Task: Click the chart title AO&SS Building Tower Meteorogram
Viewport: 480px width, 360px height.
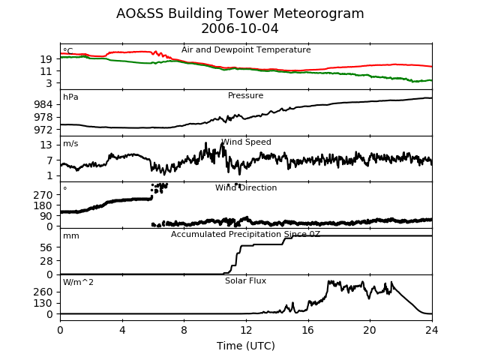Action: pyautogui.click(x=240, y=13)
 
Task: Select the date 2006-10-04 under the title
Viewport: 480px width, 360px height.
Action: pyautogui.click(x=240, y=28)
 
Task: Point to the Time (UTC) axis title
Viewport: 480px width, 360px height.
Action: pyautogui.click(x=246, y=346)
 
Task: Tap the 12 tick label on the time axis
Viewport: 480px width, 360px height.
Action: pyautogui.click(x=246, y=330)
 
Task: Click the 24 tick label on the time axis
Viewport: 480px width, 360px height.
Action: pyautogui.click(x=432, y=330)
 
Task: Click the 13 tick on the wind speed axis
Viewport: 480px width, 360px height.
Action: pyautogui.click(x=46, y=145)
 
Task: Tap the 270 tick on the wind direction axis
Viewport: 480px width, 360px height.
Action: pyautogui.click(x=43, y=195)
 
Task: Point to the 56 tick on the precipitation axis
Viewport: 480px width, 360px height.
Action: pyautogui.click(x=46, y=247)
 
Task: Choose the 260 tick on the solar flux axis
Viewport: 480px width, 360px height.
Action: pyautogui.click(x=43, y=292)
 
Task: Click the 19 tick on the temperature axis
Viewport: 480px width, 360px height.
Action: pyautogui.click(x=46, y=59)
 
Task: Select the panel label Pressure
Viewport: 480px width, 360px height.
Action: pyautogui.click(x=245, y=95)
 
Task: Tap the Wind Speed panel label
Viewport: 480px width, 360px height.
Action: pyautogui.click(x=246, y=142)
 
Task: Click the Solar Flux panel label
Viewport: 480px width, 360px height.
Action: pyautogui.click(x=245, y=280)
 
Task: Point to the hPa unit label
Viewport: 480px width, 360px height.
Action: pyautogui.click(x=70, y=97)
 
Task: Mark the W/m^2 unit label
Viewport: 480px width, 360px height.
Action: pyautogui.click(x=78, y=282)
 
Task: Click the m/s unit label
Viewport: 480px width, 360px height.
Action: pyautogui.click(x=70, y=143)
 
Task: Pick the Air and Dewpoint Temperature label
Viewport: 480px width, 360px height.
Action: pyautogui.click(x=246, y=49)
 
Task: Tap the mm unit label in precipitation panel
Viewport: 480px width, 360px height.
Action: pyautogui.click(x=71, y=236)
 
